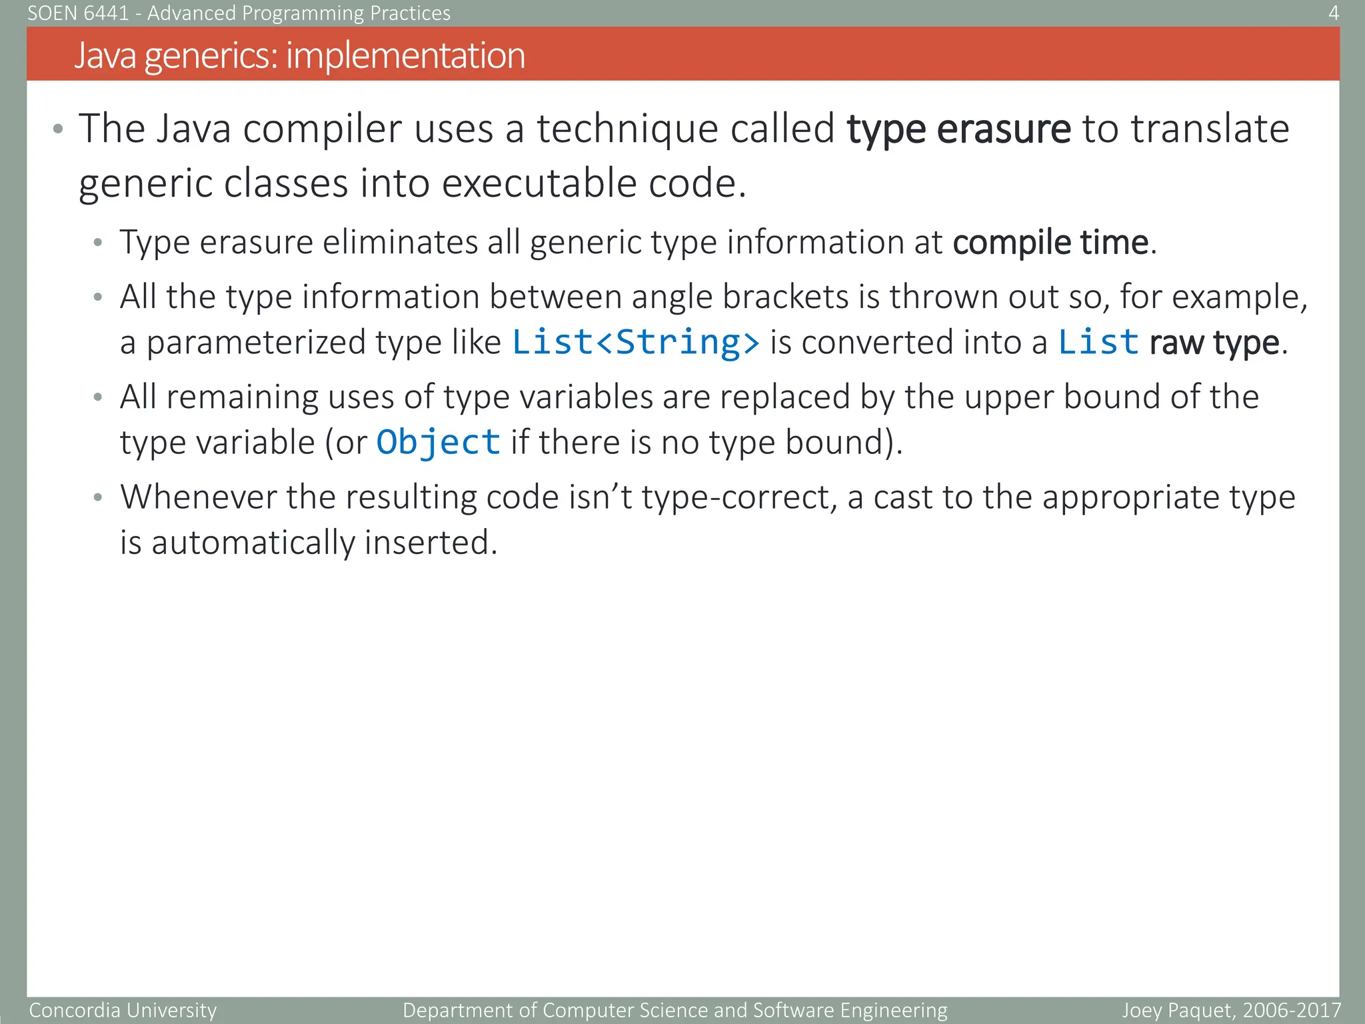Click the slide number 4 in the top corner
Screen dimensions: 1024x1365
(x=1333, y=13)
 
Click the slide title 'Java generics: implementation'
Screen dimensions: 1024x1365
(x=299, y=55)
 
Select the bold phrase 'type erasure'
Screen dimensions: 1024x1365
(x=958, y=129)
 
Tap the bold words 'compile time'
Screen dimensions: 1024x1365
(x=1050, y=242)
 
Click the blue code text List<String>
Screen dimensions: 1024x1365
(x=635, y=342)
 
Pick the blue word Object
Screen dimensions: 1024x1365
(x=438, y=442)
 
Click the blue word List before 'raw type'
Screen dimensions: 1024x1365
(x=1098, y=342)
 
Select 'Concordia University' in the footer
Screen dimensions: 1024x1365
(x=123, y=1010)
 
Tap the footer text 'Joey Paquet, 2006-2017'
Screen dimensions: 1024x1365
(x=1230, y=1010)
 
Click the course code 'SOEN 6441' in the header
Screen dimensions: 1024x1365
(x=78, y=13)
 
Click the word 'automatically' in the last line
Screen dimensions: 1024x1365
(x=253, y=542)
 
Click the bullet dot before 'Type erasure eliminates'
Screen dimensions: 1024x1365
(x=98, y=243)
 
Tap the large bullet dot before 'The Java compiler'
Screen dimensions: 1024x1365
(x=58, y=129)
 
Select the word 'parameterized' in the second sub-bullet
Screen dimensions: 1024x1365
(x=256, y=343)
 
